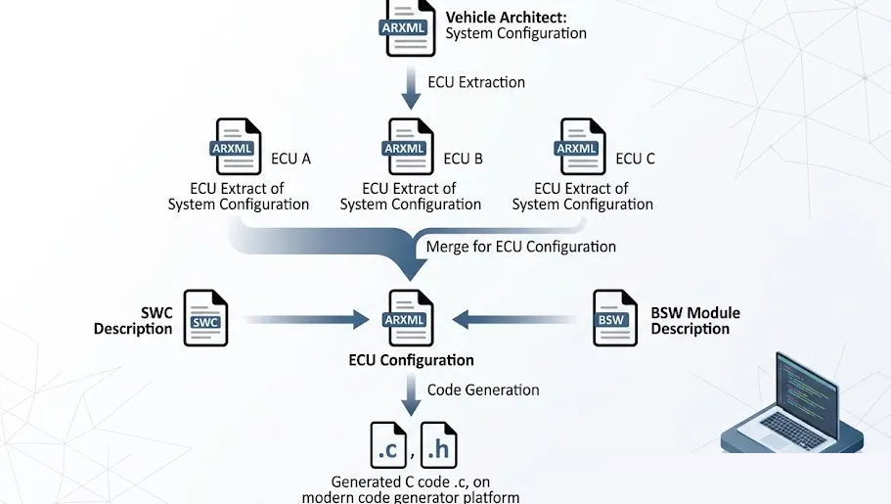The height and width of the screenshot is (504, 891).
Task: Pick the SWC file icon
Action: pyautogui.click(x=205, y=318)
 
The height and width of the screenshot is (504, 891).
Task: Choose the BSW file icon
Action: pyautogui.click(x=613, y=318)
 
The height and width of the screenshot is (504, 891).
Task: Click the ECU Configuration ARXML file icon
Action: pyautogui.click(x=408, y=318)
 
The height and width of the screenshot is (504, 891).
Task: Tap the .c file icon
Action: pyautogui.click(x=388, y=445)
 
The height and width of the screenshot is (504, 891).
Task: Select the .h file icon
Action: pyautogui.click(x=439, y=445)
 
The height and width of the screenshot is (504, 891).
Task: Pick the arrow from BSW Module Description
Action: pyautogui.click(x=513, y=318)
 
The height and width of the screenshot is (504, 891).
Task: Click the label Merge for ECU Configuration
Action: pyautogui.click(x=520, y=247)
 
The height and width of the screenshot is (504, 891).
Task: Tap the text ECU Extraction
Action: pyautogui.click(x=476, y=82)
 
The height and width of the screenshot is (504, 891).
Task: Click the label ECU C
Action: pyautogui.click(x=635, y=159)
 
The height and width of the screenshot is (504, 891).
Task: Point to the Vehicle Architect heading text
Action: pyautogui.click(x=506, y=17)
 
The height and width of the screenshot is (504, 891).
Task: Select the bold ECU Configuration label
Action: pyautogui.click(x=411, y=360)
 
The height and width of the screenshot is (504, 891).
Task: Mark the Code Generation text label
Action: pyautogui.click(x=483, y=389)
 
